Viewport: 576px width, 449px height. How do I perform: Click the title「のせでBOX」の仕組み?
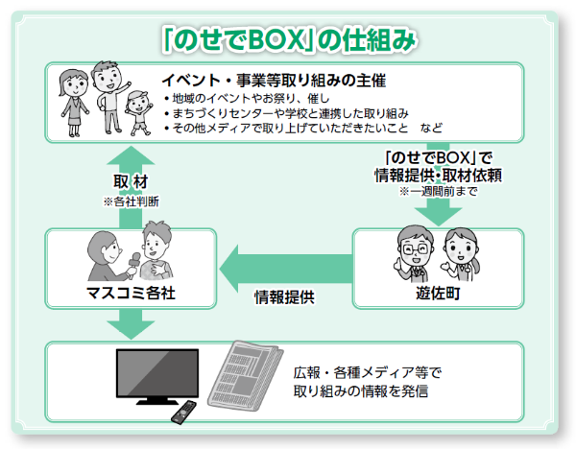pos(289,39)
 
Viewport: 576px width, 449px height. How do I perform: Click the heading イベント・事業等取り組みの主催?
pos(274,81)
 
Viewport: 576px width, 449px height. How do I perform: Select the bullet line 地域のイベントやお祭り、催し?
pos(247,99)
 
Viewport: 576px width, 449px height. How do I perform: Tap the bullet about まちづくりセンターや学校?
pos(286,113)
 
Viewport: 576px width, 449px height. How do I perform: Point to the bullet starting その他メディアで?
pos(303,129)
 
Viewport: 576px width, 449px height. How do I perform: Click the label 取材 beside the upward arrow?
pos(131,181)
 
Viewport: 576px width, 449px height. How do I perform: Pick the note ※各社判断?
pos(132,201)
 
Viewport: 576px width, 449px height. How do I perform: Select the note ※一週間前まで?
pos(439,191)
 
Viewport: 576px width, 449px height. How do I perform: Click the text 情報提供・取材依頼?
pos(439,176)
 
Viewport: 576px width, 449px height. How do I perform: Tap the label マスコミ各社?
pos(131,293)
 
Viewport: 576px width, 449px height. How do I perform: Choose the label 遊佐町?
pos(439,294)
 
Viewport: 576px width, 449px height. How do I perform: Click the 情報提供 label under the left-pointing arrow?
pos(285,297)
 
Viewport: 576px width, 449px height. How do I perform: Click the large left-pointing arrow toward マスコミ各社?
pos(286,269)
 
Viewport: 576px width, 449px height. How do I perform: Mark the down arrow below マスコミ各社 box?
pos(131,324)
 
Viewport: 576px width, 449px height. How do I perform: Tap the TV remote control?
pos(183,413)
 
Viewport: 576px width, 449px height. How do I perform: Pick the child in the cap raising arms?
pos(139,112)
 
